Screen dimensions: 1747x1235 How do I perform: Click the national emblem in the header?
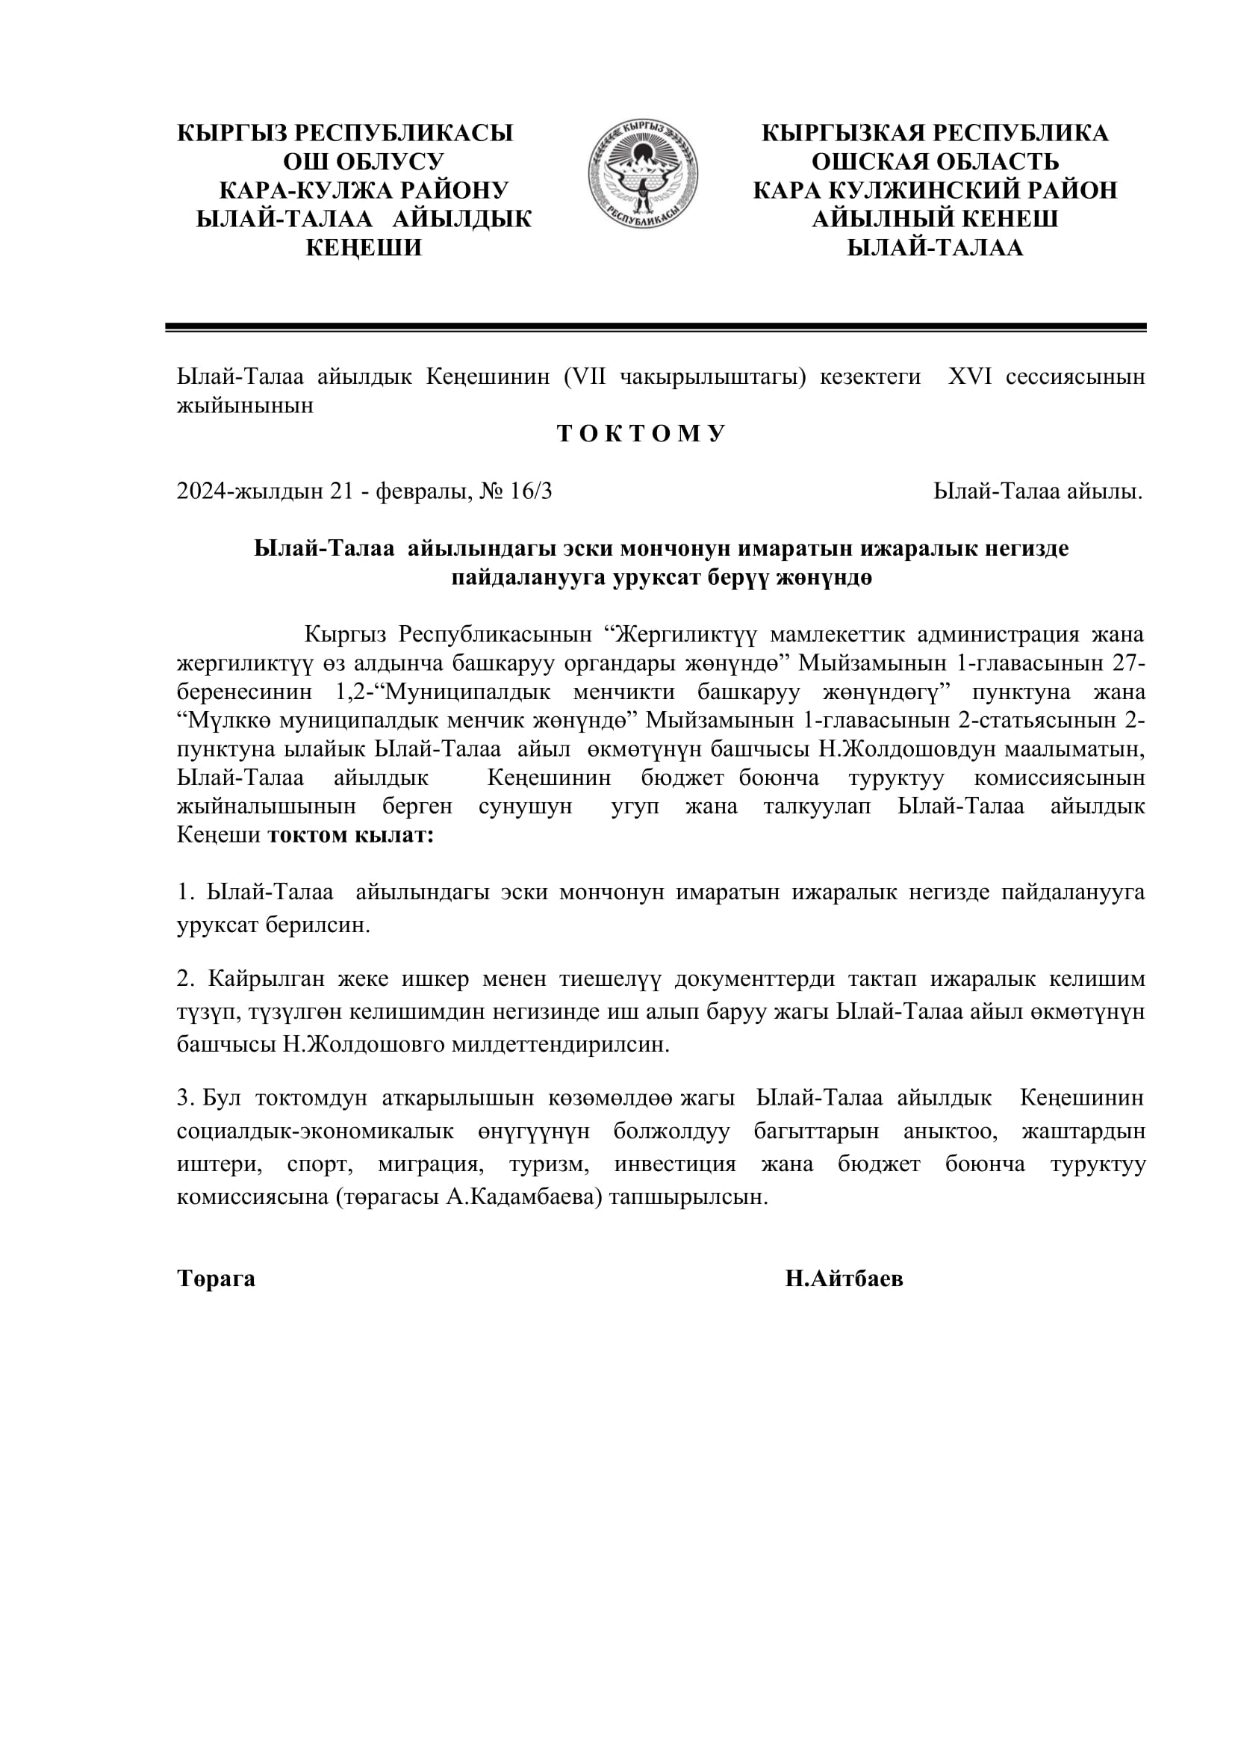pyautogui.click(x=643, y=173)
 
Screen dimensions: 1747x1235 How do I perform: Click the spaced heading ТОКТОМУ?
pyautogui.click(x=642, y=434)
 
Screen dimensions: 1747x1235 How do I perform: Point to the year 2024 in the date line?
pyautogui.click(x=202, y=491)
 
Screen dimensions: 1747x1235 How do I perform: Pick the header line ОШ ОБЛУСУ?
pyautogui.click(x=364, y=161)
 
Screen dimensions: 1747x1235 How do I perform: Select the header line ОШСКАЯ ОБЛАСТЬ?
pyautogui.click(x=935, y=161)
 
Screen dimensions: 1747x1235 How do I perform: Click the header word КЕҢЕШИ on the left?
pyautogui.click(x=364, y=247)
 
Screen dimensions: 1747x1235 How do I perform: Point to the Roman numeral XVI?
pyautogui.click(x=970, y=376)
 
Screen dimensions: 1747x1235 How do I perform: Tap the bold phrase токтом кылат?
pyautogui.click(x=351, y=835)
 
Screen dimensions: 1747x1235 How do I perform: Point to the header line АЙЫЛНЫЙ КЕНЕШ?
pyautogui.click(x=935, y=219)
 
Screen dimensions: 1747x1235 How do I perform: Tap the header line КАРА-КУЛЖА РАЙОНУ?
pyautogui.click(x=364, y=190)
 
